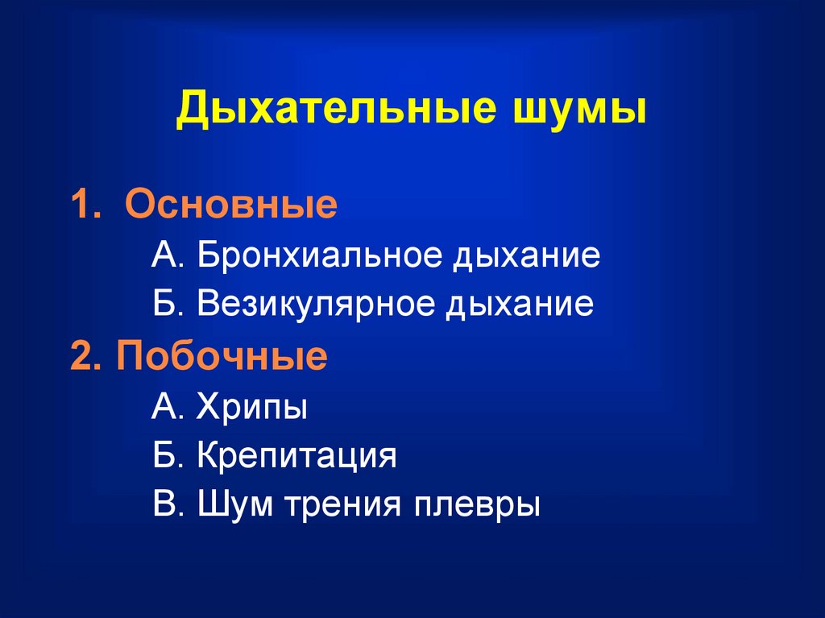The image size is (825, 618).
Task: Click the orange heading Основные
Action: point(231,204)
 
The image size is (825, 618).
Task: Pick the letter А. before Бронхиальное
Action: point(168,255)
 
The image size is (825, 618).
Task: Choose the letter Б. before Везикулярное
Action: point(168,304)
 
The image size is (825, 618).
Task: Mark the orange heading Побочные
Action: point(222,355)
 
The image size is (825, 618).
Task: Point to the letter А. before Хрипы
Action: point(168,406)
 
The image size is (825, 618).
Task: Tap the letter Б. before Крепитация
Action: point(168,454)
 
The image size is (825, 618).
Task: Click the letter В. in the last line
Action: point(168,504)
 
